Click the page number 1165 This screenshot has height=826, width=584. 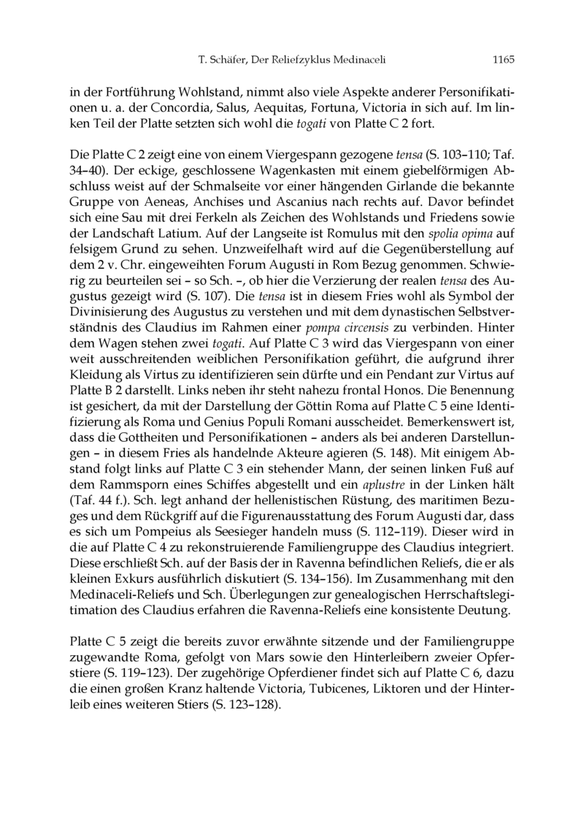[504, 58]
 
